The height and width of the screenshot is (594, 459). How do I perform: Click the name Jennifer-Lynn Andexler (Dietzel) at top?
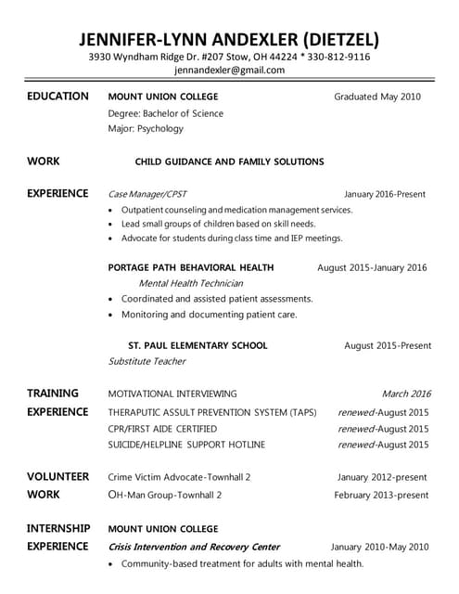pyautogui.click(x=229, y=39)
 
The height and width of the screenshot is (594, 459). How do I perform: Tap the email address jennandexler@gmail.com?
pyautogui.click(x=229, y=71)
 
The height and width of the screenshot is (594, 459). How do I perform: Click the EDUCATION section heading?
pyautogui.click(x=57, y=97)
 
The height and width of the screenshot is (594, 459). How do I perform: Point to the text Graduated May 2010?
pyautogui.click(x=377, y=97)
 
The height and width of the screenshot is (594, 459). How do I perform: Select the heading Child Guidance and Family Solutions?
pyautogui.click(x=229, y=161)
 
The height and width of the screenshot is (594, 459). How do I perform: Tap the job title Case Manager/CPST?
pyautogui.click(x=147, y=194)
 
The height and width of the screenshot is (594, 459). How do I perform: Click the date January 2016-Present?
pyautogui.click(x=384, y=194)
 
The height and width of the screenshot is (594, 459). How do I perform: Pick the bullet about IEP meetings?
pyautogui.click(x=231, y=239)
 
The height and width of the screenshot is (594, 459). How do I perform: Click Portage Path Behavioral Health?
pyautogui.click(x=191, y=267)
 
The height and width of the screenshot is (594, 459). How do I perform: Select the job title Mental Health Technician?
pyautogui.click(x=190, y=283)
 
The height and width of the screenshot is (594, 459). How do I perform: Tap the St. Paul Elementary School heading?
pyautogui.click(x=198, y=345)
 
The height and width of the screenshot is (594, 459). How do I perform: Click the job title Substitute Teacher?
pyautogui.click(x=147, y=361)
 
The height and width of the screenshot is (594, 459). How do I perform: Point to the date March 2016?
pyautogui.click(x=405, y=394)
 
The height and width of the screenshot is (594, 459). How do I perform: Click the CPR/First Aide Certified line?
pyautogui.click(x=162, y=429)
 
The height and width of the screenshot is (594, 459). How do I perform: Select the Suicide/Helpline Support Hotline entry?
pyautogui.click(x=186, y=445)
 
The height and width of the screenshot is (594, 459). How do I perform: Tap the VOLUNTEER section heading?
pyautogui.click(x=57, y=477)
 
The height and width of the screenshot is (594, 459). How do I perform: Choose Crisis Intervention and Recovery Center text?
pyautogui.click(x=194, y=547)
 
